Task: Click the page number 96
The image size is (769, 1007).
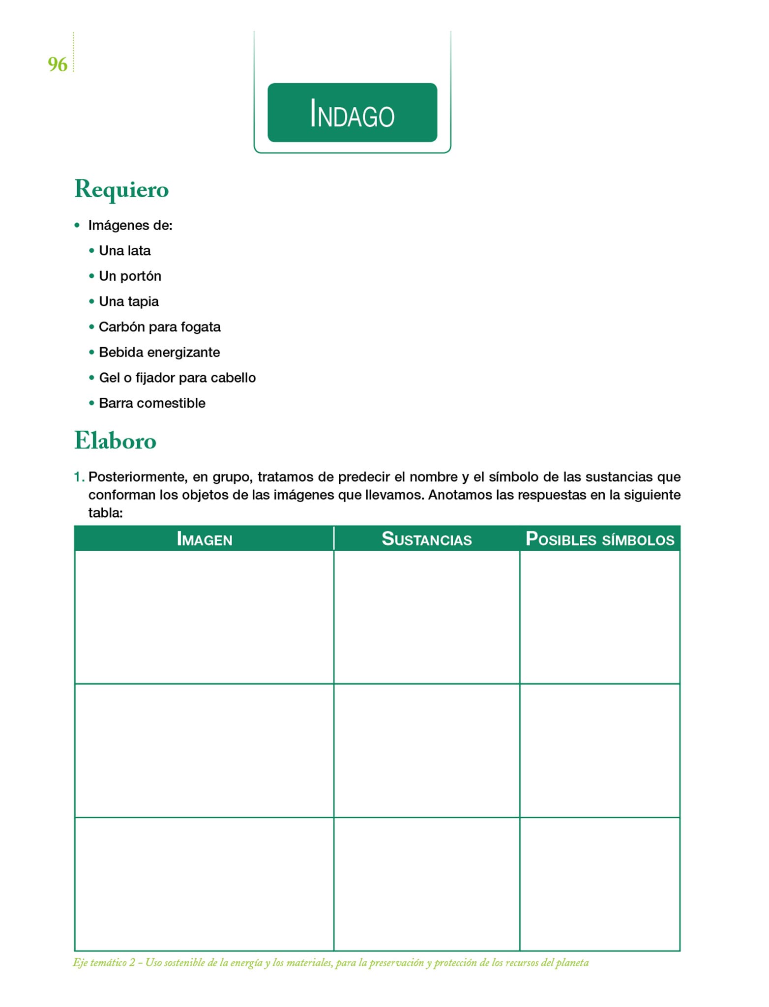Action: click(x=58, y=64)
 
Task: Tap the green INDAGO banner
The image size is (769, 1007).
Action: click(x=352, y=113)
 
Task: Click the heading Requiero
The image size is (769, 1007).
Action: click(x=121, y=189)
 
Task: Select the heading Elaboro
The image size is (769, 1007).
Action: click(x=115, y=440)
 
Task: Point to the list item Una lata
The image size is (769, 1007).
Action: click(x=124, y=251)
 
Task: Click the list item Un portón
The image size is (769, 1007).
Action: click(x=130, y=276)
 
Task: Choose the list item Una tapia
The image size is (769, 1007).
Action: click(x=129, y=301)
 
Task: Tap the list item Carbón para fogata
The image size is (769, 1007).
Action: click(x=159, y=327)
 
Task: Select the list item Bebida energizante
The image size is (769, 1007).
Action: click(x=159, y=353)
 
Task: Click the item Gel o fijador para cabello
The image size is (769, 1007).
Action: click(x=177, y=378)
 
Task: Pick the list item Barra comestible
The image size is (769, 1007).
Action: click(x=152, y=403)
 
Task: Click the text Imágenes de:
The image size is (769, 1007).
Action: click(x=130, y=226)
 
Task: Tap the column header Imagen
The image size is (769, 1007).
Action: click(x=204, y=539)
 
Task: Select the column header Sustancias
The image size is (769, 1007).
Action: click(x=426, y=539)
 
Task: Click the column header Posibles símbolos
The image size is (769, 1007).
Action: click(x=599, y=539)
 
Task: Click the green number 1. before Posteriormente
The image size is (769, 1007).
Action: click(x=79, y=477)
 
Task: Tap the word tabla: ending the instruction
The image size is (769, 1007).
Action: click(x=105, y=513)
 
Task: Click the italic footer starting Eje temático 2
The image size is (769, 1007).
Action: click(x=330, y=962)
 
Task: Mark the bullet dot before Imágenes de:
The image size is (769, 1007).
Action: click(x=77, y=226)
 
